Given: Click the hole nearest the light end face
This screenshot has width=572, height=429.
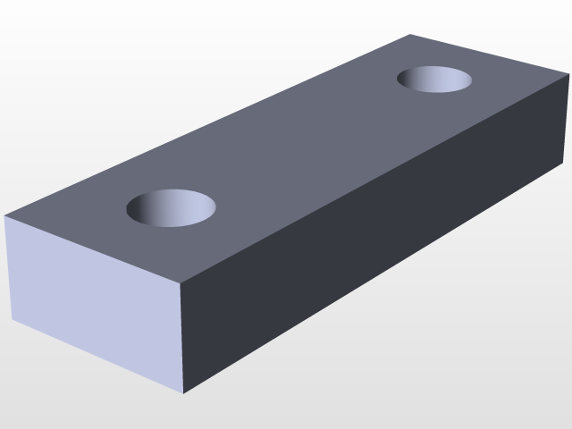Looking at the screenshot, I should (172, 207).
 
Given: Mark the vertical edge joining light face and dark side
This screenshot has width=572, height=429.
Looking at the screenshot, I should (181, 337).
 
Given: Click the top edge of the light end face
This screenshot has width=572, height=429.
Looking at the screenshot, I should (92, 249).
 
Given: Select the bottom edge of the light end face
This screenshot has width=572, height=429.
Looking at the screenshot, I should (97, 356).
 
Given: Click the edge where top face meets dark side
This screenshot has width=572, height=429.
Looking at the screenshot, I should (375, 179).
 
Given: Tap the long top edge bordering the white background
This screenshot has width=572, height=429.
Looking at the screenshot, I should (207, 125).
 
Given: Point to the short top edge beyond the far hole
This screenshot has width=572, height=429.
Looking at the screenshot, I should (490, 55).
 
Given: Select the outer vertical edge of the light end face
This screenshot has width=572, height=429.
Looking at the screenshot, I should (8, 268).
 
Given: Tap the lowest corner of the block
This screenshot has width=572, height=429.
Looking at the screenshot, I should (183, 393).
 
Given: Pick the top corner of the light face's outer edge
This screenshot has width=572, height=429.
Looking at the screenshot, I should (5, 216).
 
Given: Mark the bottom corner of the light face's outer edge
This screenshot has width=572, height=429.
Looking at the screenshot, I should (12, 319).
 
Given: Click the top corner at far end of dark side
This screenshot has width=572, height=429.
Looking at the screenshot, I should (568, 76).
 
